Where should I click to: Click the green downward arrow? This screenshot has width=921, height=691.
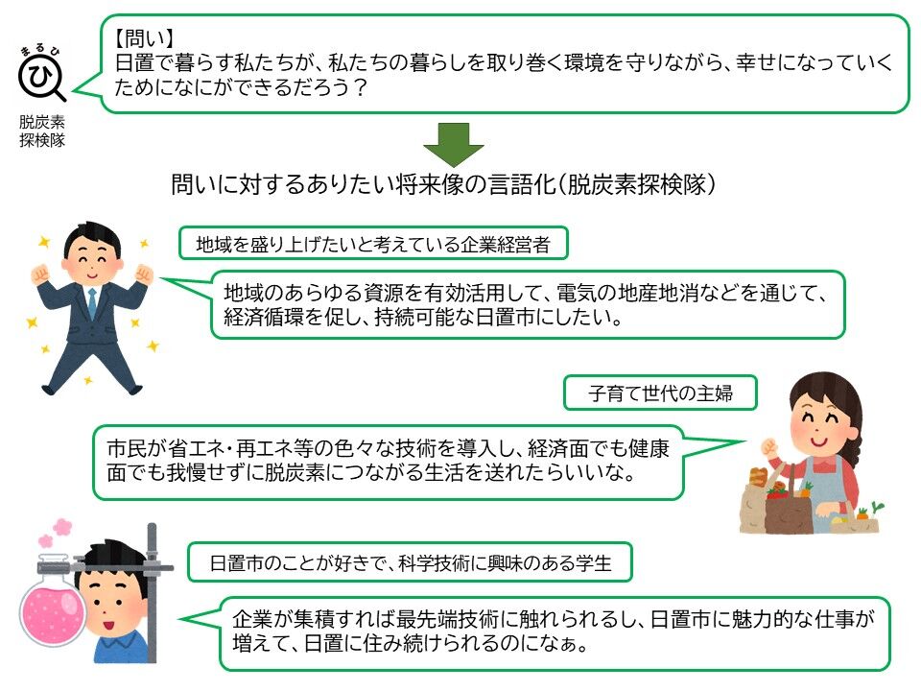pyautogui.click(x=454, y=143)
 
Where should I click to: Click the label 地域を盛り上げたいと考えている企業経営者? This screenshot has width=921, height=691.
pyautogui.click(x=373, y=244)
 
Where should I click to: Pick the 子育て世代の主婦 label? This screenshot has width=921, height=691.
pyautogui.click(x=659, y=392)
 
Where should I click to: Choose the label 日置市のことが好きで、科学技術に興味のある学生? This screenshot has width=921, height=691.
pyautogui.click(x=411, y=563)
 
